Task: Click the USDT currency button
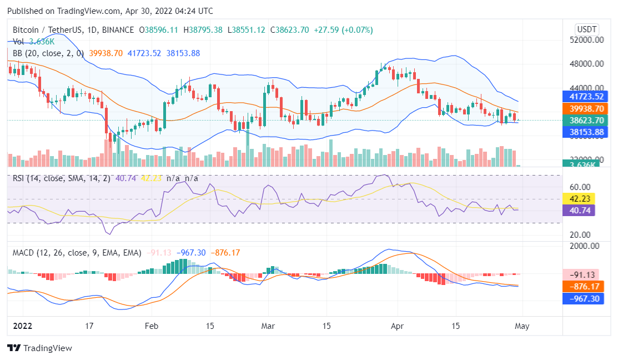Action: (587, 29)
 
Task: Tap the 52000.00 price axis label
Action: (587, 40)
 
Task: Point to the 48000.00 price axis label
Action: (587, 64)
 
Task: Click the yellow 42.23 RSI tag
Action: (579, 199)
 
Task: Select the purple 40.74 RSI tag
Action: (579, 211)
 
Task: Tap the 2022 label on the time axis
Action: (22, 326)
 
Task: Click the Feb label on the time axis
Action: (151, 326)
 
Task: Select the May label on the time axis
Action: (521, 326)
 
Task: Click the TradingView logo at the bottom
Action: (39, 348)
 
